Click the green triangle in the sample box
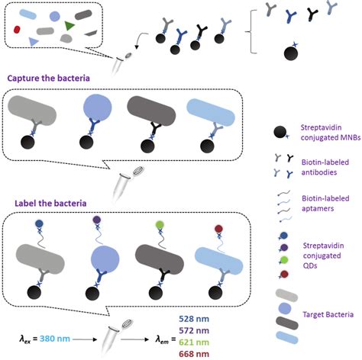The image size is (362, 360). [70, 27]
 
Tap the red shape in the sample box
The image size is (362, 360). [18, 30]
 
